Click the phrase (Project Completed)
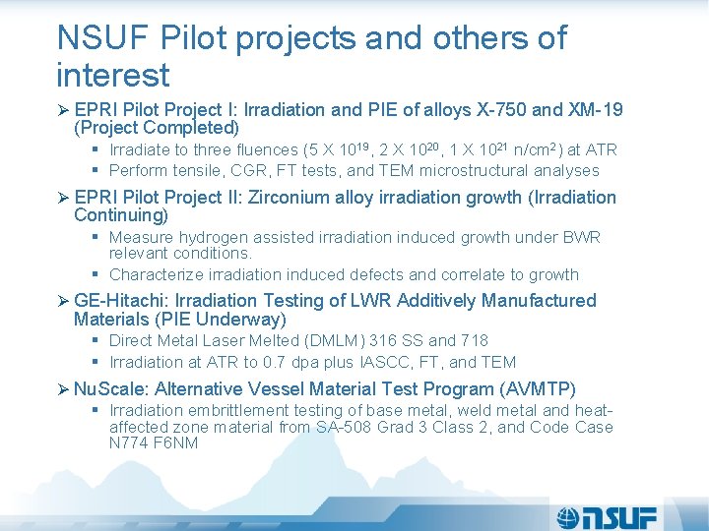tap(157, 128)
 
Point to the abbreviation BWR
tap(580, 237)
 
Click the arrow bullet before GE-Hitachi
tap(62, 301)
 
